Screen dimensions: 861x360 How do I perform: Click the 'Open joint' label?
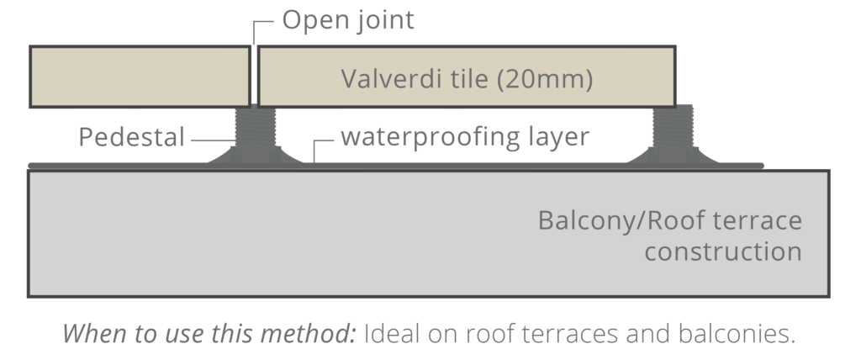pyautogui.click(x=347, y=20)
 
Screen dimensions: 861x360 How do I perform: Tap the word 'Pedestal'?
pyautogui.click(x=131, y=137)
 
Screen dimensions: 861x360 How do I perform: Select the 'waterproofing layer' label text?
pyautogui.click(x=465, y=136)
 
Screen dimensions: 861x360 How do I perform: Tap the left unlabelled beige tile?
pyautogui.click(x=140, y=77)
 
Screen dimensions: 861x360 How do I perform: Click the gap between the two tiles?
pyautogui.click(x=254, y=77)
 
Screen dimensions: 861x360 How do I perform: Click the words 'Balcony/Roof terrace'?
pyautogui.click(x=669, y=222)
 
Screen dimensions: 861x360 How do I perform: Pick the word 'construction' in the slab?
pyautogui.click(x=723, y=251)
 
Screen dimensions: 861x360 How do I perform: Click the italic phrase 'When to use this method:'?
pyautogui.click(x=210, y=333)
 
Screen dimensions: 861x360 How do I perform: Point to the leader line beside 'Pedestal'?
pyautogui.click(x=212, y=138)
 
